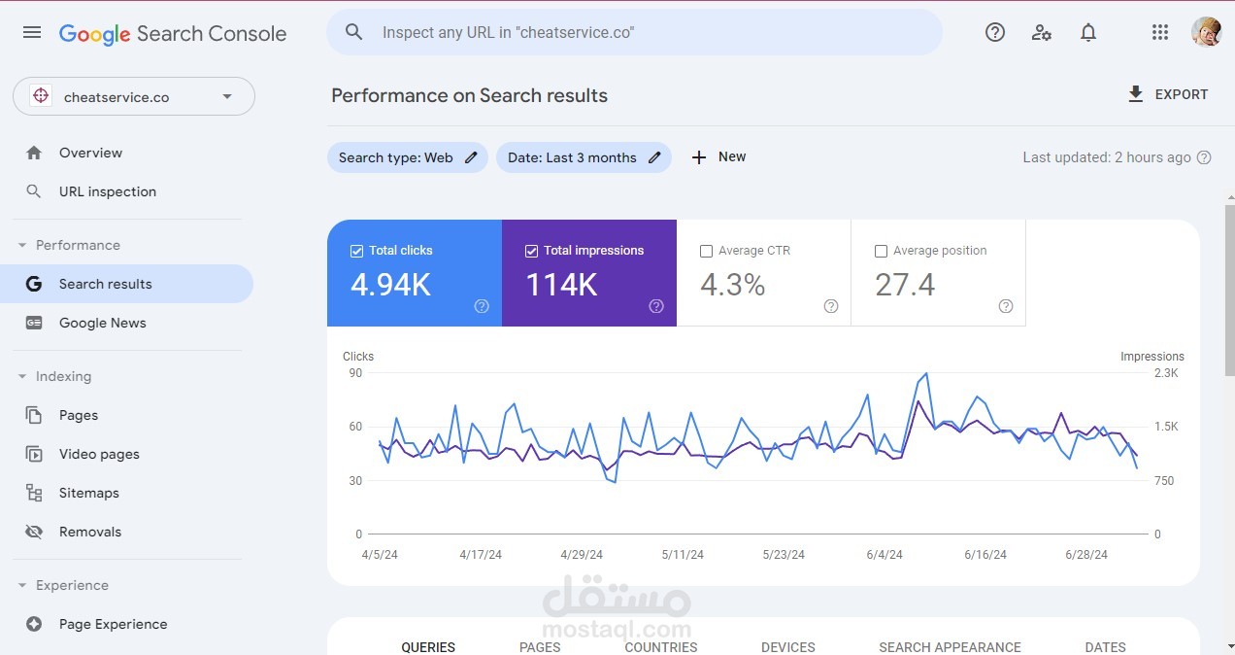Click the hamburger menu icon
(x=32, y=32)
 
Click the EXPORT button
(x=1168, y=94)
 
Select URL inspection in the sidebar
(x=107, y=191)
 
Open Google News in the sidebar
(x=102, y=323)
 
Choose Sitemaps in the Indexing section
(x=88, y=493)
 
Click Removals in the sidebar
(x=89, y=532)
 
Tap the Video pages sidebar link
(x=99, y=454)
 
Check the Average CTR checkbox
(x=706, y=251)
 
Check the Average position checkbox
(x=881, y=251)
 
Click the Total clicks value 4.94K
(x=390, y=284)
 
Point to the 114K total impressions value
(x=561, y=284)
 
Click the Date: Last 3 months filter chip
(x=583, y=157)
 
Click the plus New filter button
(x=718, y=156)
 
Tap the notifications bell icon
(x=1088, y=32)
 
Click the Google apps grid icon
(x=1159, y=32)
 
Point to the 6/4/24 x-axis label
(x=885, y=555)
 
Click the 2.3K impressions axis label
(x=1165, y=373)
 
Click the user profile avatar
(x=1206, y=32)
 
